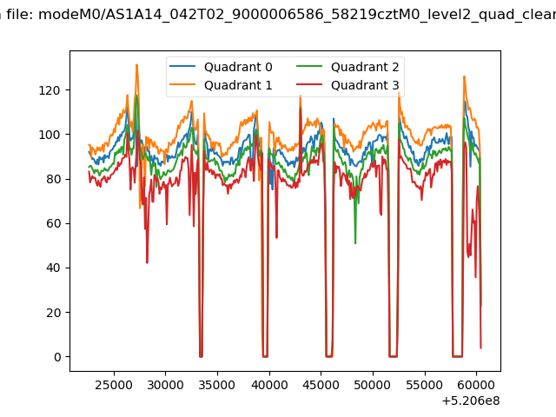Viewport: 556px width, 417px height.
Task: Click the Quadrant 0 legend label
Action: (238, 67)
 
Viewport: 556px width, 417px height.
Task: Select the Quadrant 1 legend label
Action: (238, 85)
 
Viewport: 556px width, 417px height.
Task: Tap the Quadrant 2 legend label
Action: (365, 67)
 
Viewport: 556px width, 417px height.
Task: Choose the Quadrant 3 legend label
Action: (365, 85)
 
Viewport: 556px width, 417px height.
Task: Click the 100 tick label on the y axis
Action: (50, 135)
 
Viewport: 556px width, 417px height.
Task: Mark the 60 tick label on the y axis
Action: (53, 223)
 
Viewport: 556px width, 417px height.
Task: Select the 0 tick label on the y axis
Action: (57, 357)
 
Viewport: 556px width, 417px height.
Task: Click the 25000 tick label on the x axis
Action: (114, 385)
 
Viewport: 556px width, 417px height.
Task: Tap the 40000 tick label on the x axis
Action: (269, 385)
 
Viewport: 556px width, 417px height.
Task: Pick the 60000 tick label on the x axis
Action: (476, 385)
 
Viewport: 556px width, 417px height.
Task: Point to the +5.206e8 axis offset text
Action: (471, 400)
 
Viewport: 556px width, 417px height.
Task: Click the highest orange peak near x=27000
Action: (136, 65)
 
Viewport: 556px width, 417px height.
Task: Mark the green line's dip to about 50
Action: (355, 243)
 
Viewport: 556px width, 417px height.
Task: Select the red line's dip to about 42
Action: (147, 262)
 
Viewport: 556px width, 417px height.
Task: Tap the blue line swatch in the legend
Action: (182, 66)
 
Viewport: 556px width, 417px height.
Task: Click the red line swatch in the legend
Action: (309, 84)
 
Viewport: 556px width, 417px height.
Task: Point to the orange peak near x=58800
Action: (464, 76)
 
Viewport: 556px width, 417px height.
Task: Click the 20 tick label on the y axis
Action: (53, 313)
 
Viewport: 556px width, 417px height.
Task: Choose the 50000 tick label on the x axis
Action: (373, 385)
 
